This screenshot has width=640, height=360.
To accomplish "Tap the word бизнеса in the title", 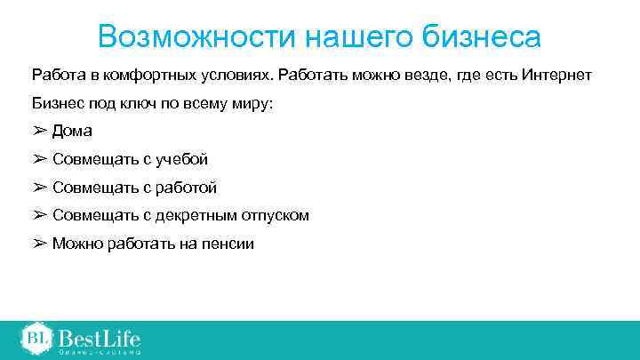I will click(x=485, y=37).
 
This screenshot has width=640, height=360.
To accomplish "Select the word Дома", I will click(x=72, y=132).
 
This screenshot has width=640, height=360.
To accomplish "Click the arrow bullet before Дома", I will click(x=39, y=132).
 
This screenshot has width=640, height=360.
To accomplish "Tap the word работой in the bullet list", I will click(x=185, y=188).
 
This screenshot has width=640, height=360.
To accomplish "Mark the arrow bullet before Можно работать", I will click(x=39, y=243).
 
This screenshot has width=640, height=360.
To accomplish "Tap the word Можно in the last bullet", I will click(x=75, y=243).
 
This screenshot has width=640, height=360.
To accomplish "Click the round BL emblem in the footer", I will click(x=36, y=338).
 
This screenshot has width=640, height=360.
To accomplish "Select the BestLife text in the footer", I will click(x=100, y=338).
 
